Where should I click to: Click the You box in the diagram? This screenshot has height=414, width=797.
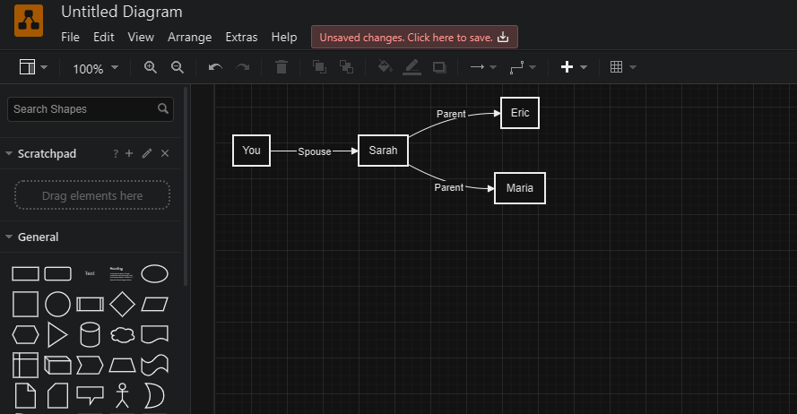251,151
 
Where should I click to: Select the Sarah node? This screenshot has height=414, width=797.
383,151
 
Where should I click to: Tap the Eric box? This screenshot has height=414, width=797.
520,113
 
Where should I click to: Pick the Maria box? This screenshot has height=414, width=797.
520,188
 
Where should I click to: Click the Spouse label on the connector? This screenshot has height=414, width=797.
314,151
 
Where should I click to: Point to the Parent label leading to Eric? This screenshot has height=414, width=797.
451,115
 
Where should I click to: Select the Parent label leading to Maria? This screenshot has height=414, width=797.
449,187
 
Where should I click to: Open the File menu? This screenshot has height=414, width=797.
70,37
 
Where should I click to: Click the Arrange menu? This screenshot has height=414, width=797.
189,37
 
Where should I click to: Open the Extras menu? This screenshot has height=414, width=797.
241,37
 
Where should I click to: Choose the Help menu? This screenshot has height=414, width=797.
284,37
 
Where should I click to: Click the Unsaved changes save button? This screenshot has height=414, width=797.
414,37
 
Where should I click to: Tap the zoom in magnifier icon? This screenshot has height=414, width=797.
151,67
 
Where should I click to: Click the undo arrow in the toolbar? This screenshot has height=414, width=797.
215,67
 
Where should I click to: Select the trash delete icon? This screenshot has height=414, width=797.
282,67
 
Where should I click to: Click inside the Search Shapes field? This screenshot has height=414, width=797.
82,109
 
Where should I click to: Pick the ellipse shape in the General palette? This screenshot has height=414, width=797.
154,273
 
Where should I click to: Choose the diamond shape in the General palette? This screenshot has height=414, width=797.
122,304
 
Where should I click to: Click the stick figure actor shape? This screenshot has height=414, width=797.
122,394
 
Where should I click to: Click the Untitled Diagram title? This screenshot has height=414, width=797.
122,12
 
